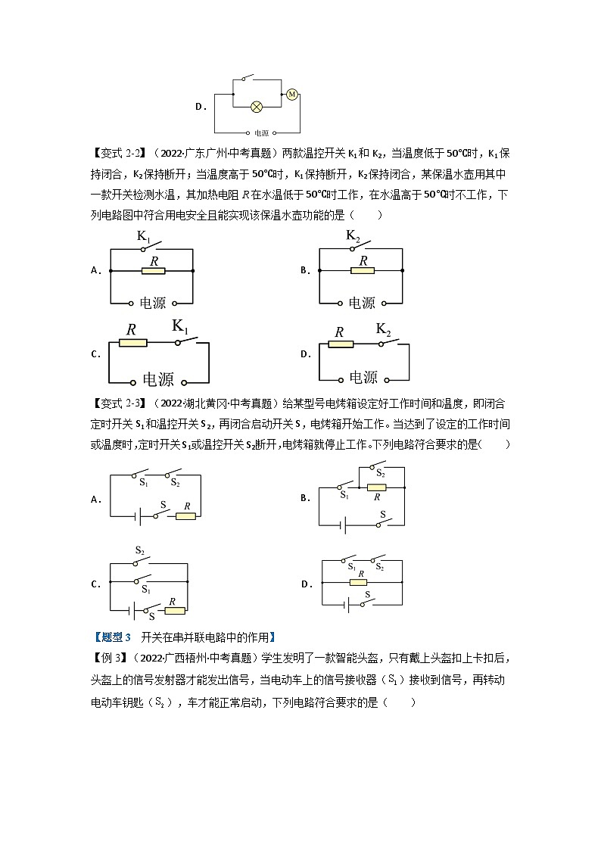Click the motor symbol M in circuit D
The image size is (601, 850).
(291, 94)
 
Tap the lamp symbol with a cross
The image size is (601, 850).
(256, 106)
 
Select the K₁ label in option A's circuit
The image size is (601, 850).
(145, 237)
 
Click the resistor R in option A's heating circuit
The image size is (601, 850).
(154, 270)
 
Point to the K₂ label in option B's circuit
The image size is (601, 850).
(353, 235)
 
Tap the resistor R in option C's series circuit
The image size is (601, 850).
(132, 342)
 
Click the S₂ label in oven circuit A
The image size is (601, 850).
(175, 482)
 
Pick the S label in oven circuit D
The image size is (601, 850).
(367, 595)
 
